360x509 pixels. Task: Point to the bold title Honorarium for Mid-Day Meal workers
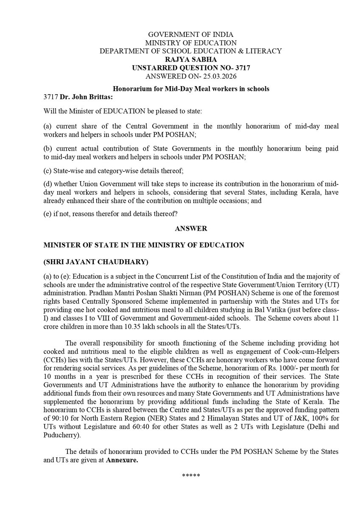pos(190,89)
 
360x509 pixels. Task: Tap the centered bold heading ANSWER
pos(191,228)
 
